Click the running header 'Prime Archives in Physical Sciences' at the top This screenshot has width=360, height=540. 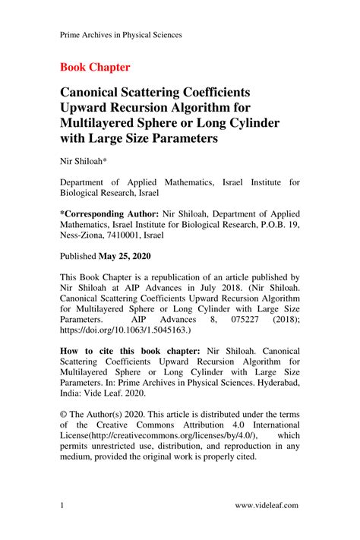pos(121,35)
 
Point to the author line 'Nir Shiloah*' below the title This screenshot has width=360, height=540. pos(84,162)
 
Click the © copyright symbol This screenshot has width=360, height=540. pos(64,415)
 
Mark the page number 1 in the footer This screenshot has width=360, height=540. pos(62,505)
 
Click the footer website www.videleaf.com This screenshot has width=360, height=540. pos(267,505)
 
